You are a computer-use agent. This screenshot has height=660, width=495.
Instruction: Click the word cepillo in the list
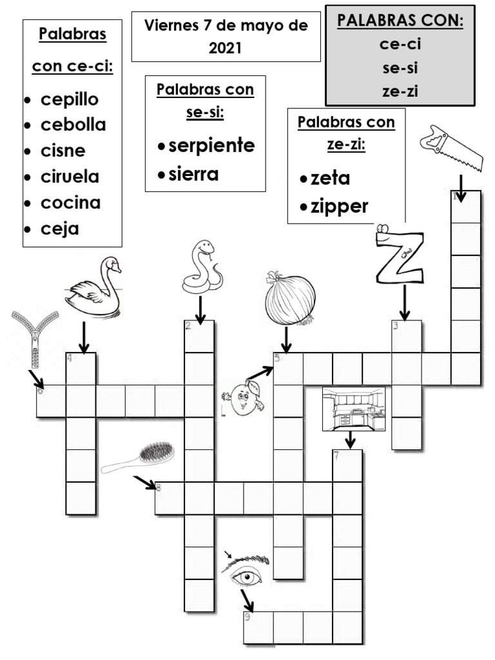coord(70,100)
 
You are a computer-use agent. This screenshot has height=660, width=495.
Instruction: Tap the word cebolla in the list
coord(73,125)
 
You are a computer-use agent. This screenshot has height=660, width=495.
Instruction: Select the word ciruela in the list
coord(70,177)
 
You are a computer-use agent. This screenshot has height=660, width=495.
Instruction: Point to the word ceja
coord(59,228)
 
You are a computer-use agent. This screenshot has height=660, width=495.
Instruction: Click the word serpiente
coord(211,146)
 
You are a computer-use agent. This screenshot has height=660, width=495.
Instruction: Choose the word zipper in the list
coord(339,206)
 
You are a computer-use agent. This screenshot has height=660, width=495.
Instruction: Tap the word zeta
coord(330,179)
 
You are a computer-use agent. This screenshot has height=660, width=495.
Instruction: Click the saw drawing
coord(451,147)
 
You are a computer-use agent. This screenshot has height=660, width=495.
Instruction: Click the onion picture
coord(290,298)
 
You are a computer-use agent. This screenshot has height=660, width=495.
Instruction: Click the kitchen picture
coord(354,409)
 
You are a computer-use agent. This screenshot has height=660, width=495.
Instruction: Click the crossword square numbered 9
coord(258,627)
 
